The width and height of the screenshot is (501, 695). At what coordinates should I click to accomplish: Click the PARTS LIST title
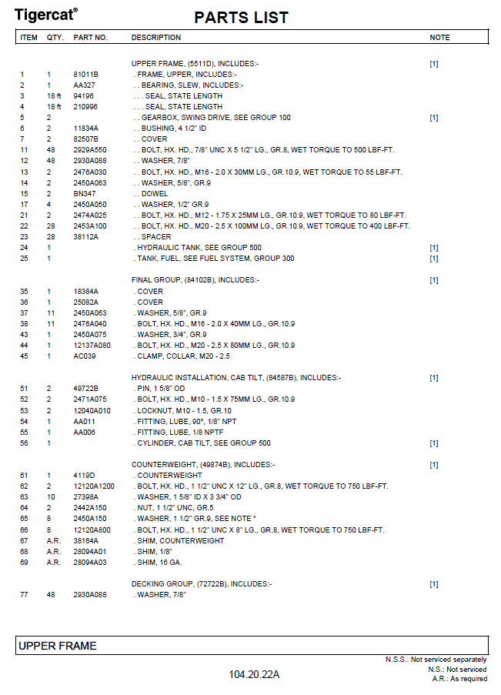coord(242,17)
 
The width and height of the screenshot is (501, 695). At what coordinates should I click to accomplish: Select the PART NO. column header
coord(90,37)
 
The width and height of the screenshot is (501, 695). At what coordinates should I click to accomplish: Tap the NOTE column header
coord(439,37)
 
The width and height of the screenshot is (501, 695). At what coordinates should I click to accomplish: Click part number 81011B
coord(85,75)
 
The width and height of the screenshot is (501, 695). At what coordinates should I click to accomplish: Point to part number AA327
coord(84,85)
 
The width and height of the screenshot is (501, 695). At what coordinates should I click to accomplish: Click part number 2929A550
coord(90,150)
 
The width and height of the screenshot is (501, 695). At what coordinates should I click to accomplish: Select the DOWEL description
coord(156,193)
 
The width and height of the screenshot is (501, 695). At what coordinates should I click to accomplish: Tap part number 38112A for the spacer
coord(85,237)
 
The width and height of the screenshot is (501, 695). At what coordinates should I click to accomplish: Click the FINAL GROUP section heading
coord(195,280)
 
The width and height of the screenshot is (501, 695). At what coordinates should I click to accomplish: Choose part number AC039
coord(84,356)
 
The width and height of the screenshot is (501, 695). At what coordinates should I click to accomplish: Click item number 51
coord(24,389)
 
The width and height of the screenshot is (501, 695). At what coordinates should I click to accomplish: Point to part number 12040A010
coord(92,411)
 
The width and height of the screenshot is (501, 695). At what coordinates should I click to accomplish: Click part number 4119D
coord(84,476)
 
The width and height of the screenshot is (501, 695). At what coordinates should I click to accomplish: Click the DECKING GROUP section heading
coord(202,584)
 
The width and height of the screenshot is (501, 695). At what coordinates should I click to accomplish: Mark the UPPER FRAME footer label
coord(58,646)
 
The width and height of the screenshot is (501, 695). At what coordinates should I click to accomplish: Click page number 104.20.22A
coord(254,675)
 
